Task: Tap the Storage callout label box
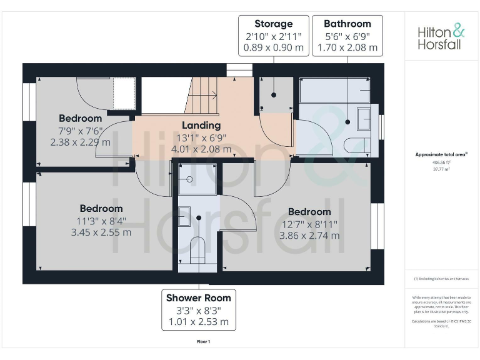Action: (x=273, y=35)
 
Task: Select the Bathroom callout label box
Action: (x=347, y=35)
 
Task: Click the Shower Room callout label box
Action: (x=199, y=309)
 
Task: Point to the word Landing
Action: (x=201, y=125)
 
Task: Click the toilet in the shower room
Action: (x=197, y=248)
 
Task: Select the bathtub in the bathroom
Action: (x=334, y=92)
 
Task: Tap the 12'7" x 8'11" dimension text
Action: (x=309, y=224)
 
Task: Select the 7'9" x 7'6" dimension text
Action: (x=80, y=130)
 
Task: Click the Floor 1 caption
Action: (x=203, y=342)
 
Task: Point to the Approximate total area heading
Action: (x=441, y=154)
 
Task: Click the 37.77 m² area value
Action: (x=441, y=169)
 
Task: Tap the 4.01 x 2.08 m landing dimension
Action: (x=201, y=149)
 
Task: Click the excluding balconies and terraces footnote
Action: (x=441, y=279)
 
